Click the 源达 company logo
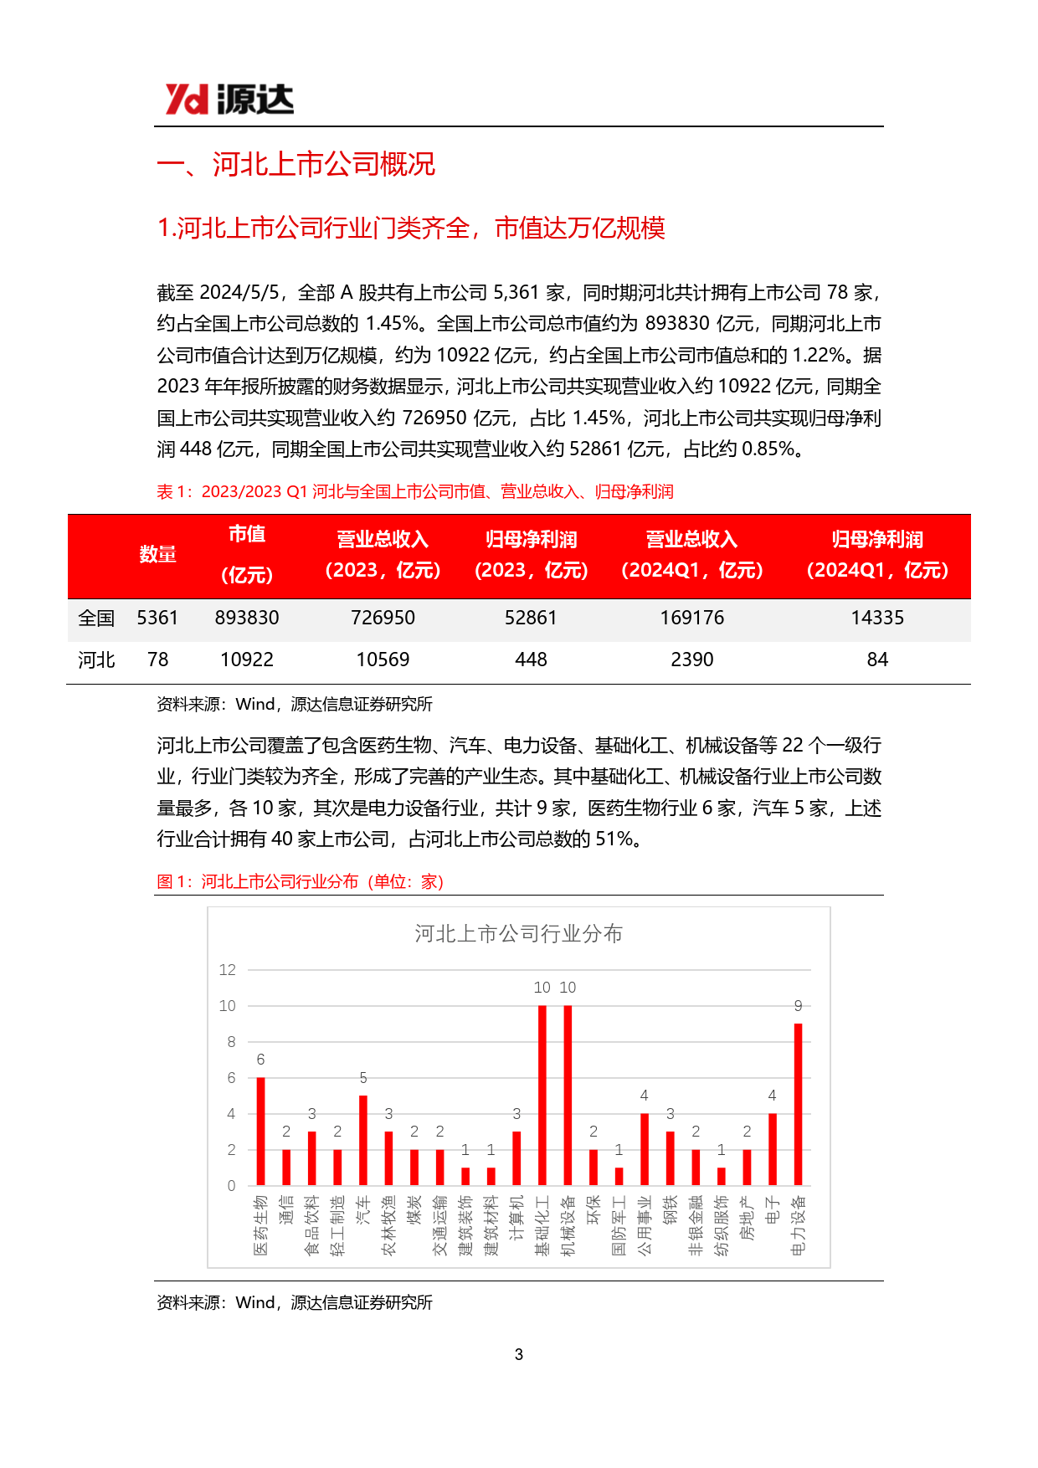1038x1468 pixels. [229, 100]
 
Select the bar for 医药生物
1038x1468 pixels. [260, 1131]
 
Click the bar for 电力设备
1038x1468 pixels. [798, 1104]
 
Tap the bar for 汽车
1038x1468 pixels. [363, 1140]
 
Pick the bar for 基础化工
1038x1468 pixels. [542, 1095]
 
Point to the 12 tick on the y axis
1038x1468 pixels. [228, 970]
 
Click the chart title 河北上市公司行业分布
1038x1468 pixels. [518, 934]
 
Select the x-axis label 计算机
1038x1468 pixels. [516, 1218]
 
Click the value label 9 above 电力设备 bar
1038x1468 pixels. [798, 1006]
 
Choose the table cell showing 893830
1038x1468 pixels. [247, 618]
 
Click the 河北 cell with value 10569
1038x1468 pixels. [383, 660]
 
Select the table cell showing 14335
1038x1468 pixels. [877, 618]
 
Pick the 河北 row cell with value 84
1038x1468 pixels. [877, 660]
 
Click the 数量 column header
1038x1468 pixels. [157, 554]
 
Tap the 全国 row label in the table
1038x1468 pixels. [96, 618]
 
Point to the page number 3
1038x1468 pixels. [519, 1354]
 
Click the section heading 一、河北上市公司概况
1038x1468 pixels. [296, 164]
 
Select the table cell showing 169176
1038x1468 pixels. [691, 618]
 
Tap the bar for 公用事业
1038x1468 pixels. [645, 1149]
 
